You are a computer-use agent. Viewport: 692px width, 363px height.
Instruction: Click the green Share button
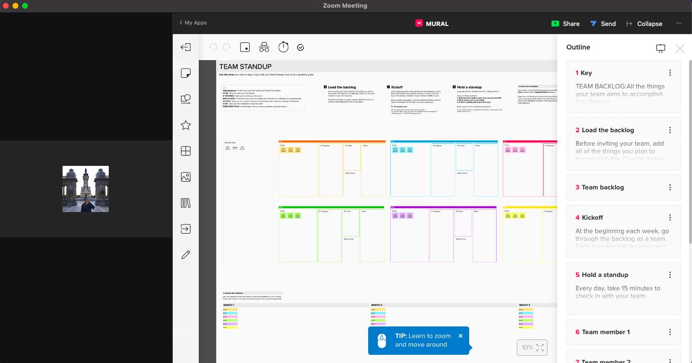[x=565, y=24]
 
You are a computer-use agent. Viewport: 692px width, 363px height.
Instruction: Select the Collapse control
[x=644, y=24]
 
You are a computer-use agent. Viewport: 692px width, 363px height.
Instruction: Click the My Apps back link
[x=193, y=23]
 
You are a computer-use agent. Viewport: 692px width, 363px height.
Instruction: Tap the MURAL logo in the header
[x=432, y=24]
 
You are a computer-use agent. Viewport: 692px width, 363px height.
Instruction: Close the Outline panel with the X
[x=679, y=48]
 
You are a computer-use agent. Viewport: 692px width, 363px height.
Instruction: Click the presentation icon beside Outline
[x=661, y=48]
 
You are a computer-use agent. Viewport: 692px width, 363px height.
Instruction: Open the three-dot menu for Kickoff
[x=670, y=217]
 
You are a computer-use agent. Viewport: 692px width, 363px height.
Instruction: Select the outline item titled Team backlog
[x=602, y=187]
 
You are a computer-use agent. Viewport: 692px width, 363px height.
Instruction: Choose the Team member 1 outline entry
[x=605, y=332]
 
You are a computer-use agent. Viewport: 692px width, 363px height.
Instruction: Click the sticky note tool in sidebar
[x=186, y=73]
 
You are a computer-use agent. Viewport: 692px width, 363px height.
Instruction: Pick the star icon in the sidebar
[x=186, y=125]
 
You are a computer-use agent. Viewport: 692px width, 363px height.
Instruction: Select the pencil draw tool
[x=186, y=255]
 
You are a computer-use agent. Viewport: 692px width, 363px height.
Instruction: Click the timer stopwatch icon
[x=283, y=47]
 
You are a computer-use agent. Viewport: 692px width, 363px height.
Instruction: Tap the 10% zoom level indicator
[x=527, y=347]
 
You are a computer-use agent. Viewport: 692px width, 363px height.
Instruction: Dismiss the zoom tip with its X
[x=461, y=336]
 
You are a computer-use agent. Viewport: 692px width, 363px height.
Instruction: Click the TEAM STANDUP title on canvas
[x=245, y=67]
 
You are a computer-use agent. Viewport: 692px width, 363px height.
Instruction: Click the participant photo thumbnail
[x=86, y=189]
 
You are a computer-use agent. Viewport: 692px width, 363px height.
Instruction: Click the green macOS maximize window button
[x=25, y=6]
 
